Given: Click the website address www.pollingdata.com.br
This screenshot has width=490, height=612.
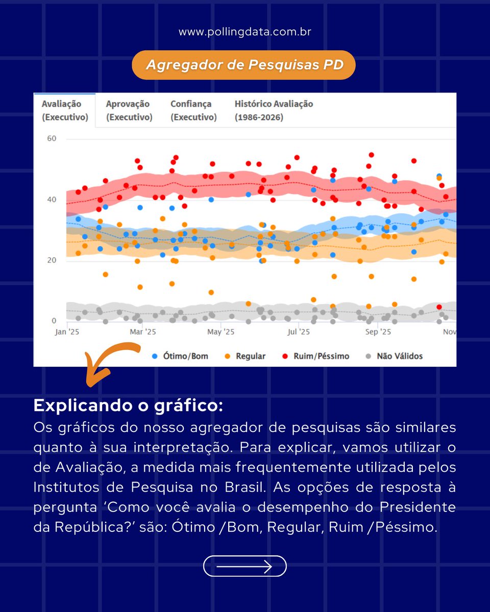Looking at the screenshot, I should click(245, 32).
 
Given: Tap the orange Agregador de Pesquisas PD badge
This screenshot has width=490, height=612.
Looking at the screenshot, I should click(244, 65).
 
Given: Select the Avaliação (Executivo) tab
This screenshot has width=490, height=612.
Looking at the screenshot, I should click(65, 110).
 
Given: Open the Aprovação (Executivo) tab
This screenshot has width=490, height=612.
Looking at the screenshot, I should click(129, 110).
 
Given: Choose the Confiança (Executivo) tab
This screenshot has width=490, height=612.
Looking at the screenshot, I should click(193, 110).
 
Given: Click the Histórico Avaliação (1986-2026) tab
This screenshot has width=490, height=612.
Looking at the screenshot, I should click(274, 110).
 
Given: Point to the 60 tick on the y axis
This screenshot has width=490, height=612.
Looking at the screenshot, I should click(51, 139).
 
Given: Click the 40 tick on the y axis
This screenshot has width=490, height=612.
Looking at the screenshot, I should click(51, 199).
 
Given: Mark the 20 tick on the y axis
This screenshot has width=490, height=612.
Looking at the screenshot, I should click(51, 260).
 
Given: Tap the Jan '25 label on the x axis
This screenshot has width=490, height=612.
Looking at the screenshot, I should click(67, 332).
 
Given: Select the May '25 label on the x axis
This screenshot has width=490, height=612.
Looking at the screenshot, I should click(220, 332).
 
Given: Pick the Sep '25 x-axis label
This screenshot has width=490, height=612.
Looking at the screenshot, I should click(378, 332).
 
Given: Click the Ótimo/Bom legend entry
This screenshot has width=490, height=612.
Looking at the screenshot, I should click(181, 356).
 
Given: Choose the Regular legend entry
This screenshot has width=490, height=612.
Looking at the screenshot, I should click(245, 356).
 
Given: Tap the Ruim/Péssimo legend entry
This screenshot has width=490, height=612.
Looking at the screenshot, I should click(316, 356).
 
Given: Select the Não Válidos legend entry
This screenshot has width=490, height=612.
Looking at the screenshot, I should click(395, 356).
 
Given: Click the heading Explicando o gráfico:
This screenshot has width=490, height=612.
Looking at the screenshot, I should click(128, 406).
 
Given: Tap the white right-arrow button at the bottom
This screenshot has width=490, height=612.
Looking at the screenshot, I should click(245, 566).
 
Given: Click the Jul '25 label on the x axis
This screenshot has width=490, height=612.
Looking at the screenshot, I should click(299, 332).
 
